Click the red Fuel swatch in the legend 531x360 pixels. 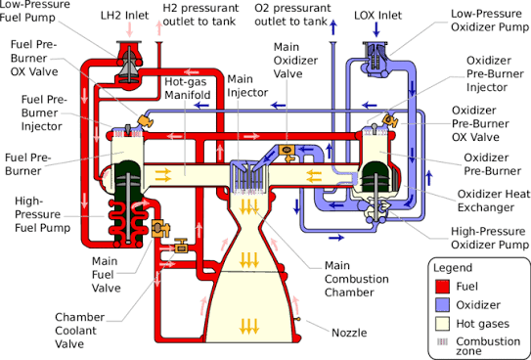442,287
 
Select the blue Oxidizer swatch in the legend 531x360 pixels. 442,305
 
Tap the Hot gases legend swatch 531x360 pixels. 442,324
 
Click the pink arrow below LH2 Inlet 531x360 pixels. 129,30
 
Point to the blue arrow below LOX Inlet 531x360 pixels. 376,30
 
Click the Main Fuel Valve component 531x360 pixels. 159,229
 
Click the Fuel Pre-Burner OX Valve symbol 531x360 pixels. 145,121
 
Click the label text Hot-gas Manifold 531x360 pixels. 188,88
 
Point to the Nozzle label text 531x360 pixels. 349,333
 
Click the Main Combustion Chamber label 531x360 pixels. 357,279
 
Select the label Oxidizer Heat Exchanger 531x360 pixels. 494,201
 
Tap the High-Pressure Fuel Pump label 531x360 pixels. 42,214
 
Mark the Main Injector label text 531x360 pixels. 247,86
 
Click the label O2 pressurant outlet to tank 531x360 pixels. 292,15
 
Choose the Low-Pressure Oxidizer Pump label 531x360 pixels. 490,21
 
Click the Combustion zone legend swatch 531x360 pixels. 442,342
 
